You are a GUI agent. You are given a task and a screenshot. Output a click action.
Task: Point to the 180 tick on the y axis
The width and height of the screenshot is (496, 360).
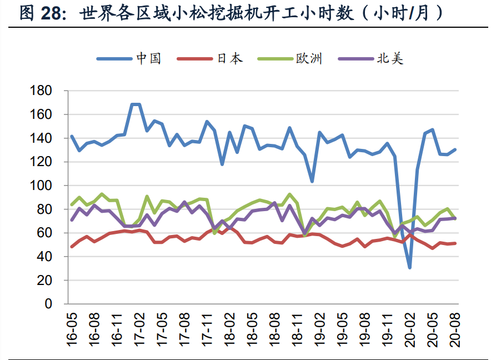click(42, 91)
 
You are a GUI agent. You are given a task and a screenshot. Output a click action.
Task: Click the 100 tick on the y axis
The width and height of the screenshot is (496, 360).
click(42, 186)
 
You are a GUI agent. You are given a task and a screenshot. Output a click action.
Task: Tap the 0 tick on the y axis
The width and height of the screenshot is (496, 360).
click(49, 304)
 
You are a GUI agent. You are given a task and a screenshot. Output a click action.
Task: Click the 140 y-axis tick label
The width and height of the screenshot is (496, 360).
click(42, 138)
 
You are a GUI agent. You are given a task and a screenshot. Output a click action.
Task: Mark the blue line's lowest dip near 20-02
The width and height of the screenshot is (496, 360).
click(410, 268)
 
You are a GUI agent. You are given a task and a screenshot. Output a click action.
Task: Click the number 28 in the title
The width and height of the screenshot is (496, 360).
click(54, 13)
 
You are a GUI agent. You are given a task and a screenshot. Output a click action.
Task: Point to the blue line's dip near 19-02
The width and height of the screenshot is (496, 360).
click(312, 181)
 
